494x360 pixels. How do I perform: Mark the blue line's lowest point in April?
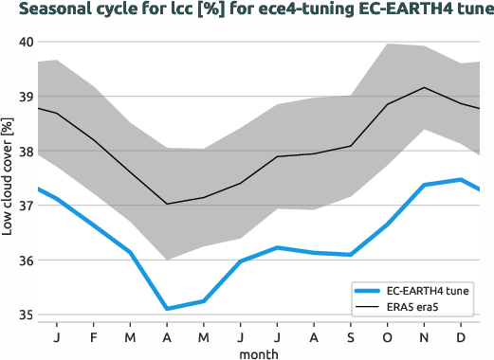(x=167, y=309)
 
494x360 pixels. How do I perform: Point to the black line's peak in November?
(x=425, y=87)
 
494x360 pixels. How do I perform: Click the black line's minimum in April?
(x=167, y=204)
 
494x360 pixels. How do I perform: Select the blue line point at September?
(x=351, y=255)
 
